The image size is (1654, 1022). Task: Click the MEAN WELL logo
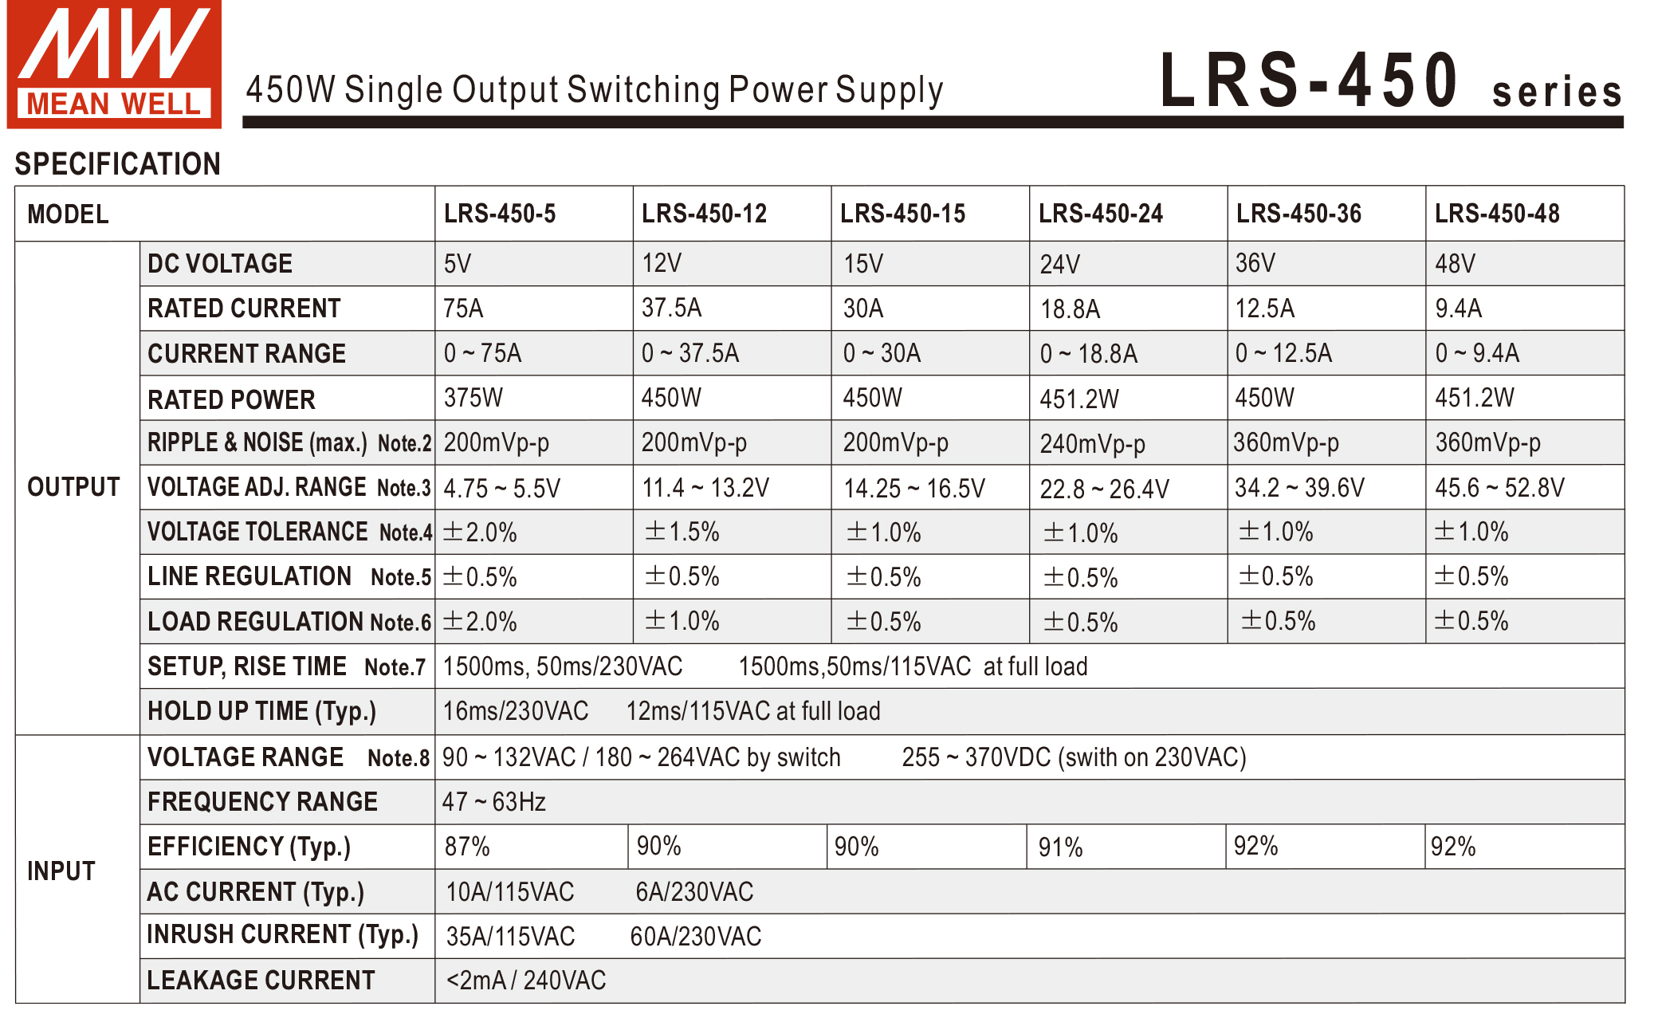[x=114, y=64]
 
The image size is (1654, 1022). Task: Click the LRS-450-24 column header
[x=1100, y=214]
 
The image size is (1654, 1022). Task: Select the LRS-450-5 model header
[x=500, y=214]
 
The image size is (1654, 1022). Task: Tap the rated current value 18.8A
[x=1070, y=309]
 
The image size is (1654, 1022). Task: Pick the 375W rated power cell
[x=473, y=398]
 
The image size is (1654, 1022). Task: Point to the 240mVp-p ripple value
[x=1092, y=443]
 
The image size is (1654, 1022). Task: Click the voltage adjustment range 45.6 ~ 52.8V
[x=1499, y=488]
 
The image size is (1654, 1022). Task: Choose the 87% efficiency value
[x=467, y=847]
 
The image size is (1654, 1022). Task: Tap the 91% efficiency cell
[x=1060, y=847]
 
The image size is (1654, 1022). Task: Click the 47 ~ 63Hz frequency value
[x=494, y=802]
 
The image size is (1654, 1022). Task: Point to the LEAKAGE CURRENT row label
[x=261, y=981]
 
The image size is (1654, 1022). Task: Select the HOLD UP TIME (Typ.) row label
[x=261, y=711]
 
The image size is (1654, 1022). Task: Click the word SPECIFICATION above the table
[x=117, y=164]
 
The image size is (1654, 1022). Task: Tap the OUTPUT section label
[x=73, y=487]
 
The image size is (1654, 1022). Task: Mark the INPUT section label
[x=61, y=871]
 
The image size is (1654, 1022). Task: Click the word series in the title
[x=1557, y=92]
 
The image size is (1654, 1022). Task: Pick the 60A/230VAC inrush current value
[x=696, y=937]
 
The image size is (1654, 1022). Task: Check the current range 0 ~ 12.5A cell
[x=1283, y=353]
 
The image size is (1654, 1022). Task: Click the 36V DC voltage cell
[x=1255, y=263]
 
